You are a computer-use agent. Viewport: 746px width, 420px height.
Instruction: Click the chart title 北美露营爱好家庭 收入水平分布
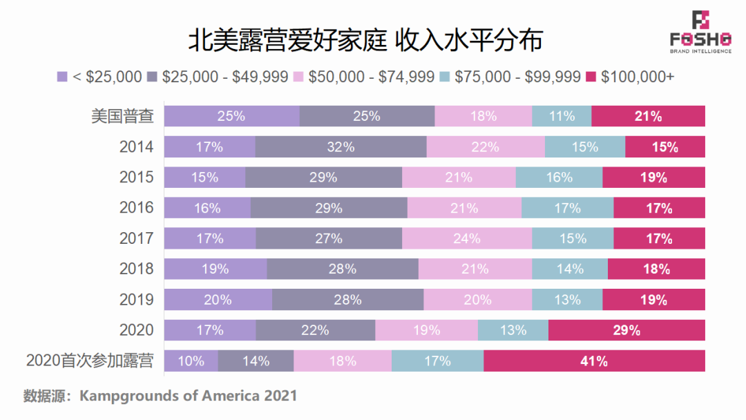[365, 39]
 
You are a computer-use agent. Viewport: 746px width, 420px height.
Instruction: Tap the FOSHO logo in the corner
[700, 32]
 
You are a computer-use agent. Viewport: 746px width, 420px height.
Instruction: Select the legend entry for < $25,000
[99, 77]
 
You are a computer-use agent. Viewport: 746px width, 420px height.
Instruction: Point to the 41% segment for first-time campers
[594, 361]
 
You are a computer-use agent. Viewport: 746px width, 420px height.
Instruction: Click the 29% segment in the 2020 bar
[627, 330]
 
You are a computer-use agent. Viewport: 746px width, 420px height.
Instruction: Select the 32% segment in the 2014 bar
[341, 147]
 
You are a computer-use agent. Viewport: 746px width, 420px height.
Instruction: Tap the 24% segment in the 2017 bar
[466, 238]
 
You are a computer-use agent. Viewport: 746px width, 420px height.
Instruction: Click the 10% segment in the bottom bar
[191, 361]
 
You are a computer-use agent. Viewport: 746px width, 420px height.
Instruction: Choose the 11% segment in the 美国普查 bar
[562, 116]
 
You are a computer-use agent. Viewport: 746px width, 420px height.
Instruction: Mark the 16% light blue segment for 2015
[559, 178]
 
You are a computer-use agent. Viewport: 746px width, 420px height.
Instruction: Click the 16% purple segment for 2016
[207, 208]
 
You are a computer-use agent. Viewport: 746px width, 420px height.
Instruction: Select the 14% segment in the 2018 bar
[569, 269]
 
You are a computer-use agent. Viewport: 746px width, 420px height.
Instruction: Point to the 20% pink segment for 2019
[477, 300]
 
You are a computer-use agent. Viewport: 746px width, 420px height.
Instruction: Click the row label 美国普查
[122, 116]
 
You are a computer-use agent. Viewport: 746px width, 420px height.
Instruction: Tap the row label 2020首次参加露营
[90, 361]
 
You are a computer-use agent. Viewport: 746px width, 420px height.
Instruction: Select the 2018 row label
[136, 269]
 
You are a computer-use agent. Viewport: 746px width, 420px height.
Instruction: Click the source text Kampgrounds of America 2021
[188, 396]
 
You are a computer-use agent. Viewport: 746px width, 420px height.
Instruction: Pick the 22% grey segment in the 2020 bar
[315, 330]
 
